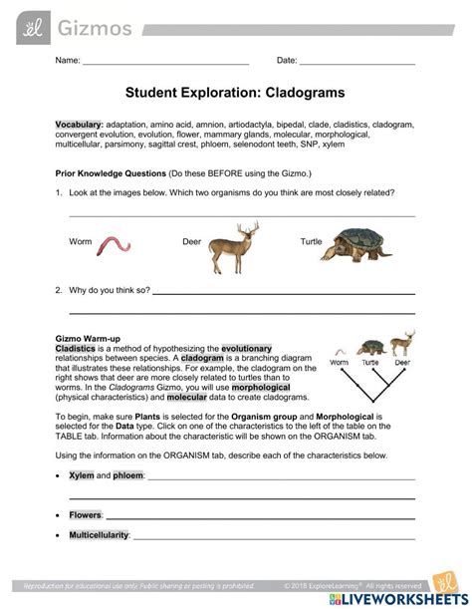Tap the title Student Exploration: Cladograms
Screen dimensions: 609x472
tap(235, 92)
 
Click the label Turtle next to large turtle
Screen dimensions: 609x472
tap(313, 242)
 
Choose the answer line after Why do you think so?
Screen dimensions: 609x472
tap(283, 295)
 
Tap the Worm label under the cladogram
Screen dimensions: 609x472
tap(341, 363)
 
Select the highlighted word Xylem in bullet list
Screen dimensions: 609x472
tap(81, 476)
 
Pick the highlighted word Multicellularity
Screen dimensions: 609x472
tap(99, 535)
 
